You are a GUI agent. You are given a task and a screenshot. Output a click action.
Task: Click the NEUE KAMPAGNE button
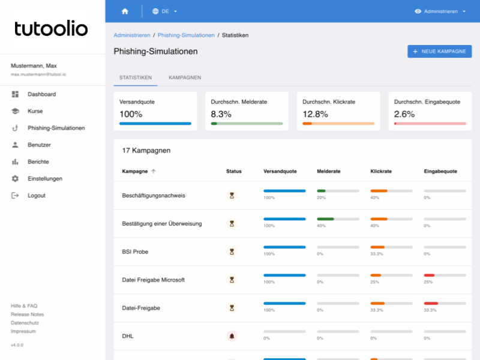[440, 52]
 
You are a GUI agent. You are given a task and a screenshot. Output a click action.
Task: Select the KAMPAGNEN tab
[185, 77]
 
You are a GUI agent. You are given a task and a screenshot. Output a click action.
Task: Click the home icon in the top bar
[125, 11]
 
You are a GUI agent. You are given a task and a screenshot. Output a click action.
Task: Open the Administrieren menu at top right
[440, 11]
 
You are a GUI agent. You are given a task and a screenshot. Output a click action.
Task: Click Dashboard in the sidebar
[41, 94]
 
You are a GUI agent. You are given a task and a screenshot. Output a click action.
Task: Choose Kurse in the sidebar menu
[35, 111]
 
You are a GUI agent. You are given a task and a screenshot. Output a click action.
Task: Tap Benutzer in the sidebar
[39, 145]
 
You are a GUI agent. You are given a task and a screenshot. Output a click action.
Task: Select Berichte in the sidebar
[38, 161]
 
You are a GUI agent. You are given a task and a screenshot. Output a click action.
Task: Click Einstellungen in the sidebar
[44, 178]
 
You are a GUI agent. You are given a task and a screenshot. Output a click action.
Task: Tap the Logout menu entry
[36, 195]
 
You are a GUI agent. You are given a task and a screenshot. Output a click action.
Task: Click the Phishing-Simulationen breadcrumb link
[186, 35]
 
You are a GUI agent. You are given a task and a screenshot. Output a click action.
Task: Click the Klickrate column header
[381, 171]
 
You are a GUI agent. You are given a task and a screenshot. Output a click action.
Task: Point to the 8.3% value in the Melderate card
[221, 114]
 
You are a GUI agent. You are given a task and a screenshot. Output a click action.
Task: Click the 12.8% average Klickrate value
[315, 114]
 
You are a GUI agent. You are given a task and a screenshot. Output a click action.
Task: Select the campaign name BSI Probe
[135, 251]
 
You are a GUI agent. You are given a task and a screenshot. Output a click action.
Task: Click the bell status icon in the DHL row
[232, 336]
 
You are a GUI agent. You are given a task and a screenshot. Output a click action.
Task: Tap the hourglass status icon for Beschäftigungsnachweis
[232, 195]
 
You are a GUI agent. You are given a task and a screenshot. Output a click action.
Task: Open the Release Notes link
[27, 314]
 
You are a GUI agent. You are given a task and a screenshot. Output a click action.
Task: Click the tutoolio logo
[51, 28]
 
